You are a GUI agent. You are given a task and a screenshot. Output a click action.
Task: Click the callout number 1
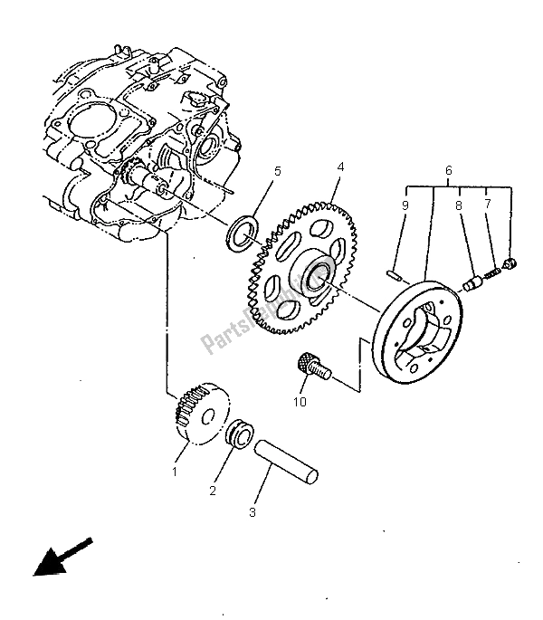(176, 472)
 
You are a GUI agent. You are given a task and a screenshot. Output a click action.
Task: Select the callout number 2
(214, 491)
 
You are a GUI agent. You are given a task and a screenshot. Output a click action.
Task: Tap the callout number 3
(253, 512)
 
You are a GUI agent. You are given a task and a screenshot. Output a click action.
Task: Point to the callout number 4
(340, 167)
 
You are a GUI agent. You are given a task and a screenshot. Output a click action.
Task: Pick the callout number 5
(253, 170)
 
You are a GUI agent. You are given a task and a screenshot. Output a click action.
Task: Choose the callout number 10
(300, 401)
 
